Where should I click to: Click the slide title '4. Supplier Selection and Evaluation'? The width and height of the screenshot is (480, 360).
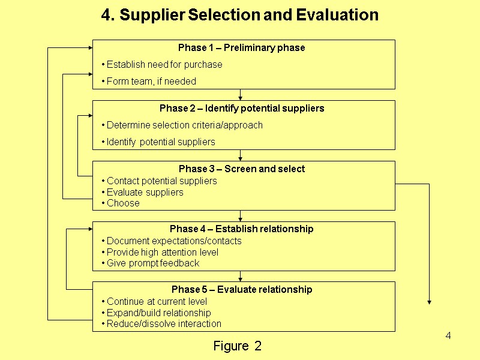click(240, 15)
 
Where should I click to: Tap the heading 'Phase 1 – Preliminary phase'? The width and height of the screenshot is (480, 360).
click(241, 48)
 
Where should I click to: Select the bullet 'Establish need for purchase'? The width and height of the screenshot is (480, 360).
click(163, 65)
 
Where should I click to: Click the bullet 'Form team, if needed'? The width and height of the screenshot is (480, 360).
click(149, 81)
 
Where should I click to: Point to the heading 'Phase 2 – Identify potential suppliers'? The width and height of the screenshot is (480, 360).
click(242, 109)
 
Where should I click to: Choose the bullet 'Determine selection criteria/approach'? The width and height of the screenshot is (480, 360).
click(182, 125)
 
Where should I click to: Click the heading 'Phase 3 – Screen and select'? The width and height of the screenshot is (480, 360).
click(242, 169)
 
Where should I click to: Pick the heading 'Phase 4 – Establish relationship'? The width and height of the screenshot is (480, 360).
click(242, 229)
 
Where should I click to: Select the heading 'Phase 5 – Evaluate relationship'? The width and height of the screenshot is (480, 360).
click(242, 290)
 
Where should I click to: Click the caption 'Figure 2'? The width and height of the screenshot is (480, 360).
click(238, 346)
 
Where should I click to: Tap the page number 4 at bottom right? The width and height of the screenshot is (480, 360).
click(448, 335)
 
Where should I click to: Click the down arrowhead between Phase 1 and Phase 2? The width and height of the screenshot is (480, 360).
click(241, 97)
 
